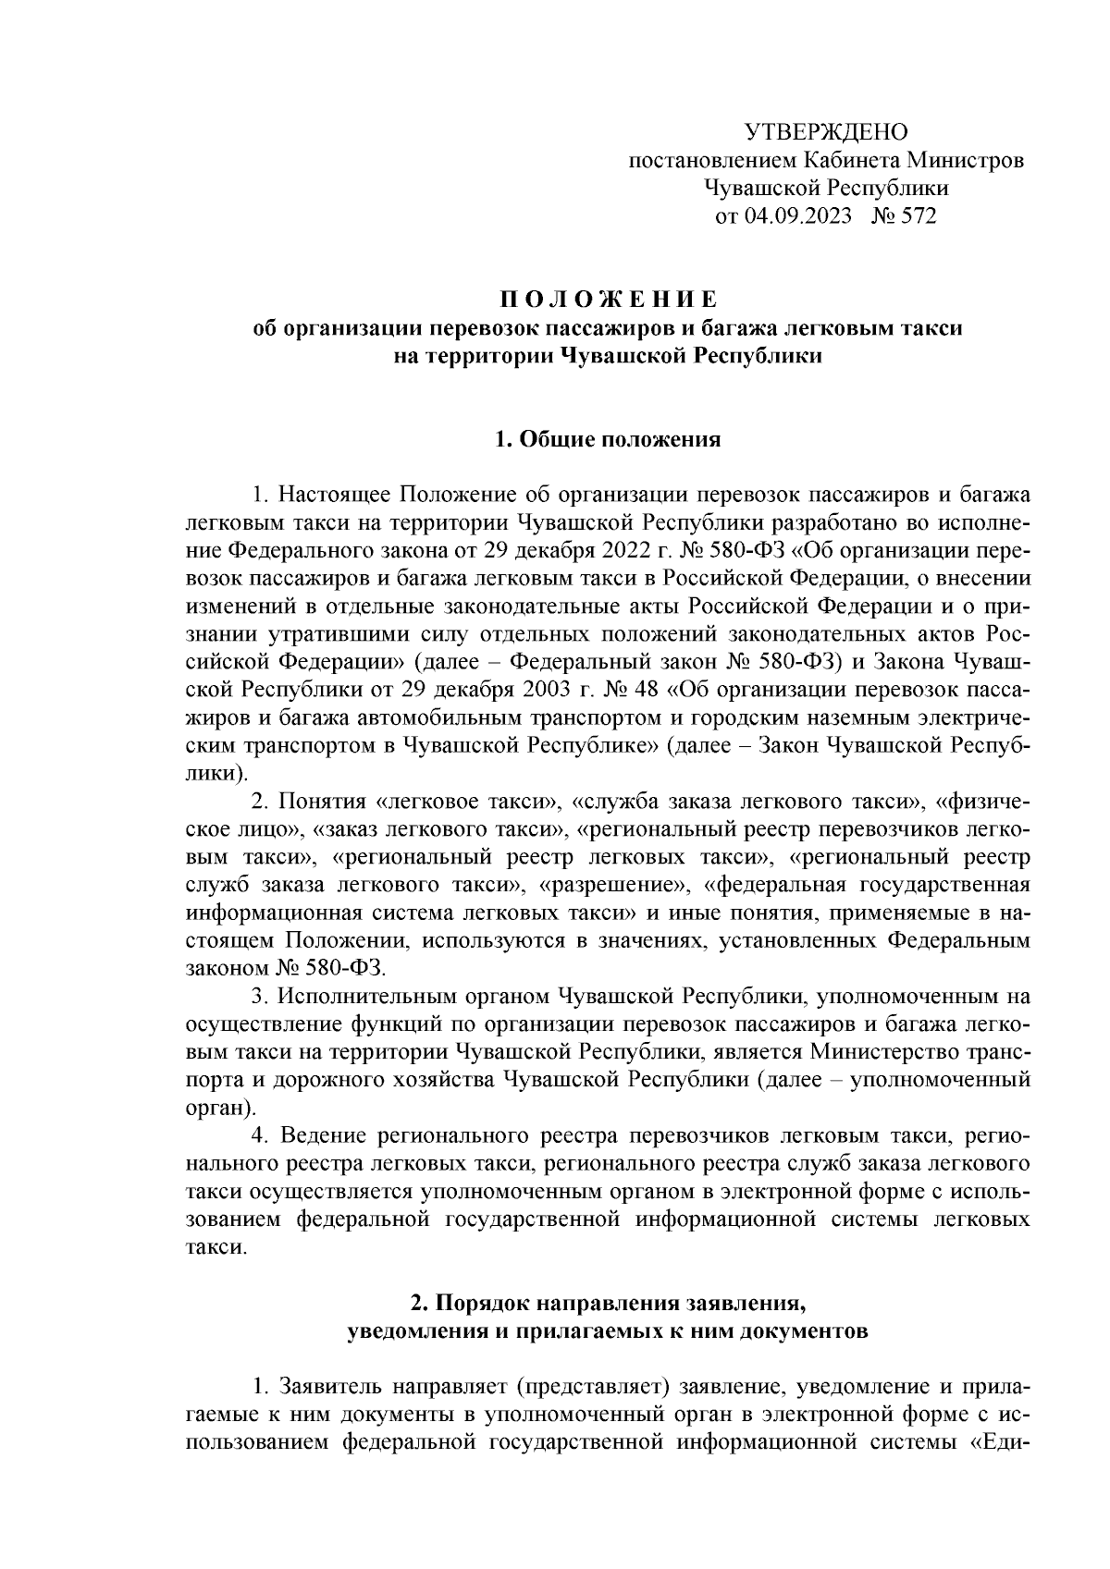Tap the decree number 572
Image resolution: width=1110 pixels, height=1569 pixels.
919,217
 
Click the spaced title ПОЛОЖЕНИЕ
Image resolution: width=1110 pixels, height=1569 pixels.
608,300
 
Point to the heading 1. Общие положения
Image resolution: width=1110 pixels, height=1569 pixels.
608,439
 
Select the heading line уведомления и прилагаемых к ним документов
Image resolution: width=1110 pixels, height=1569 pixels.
608,1331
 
